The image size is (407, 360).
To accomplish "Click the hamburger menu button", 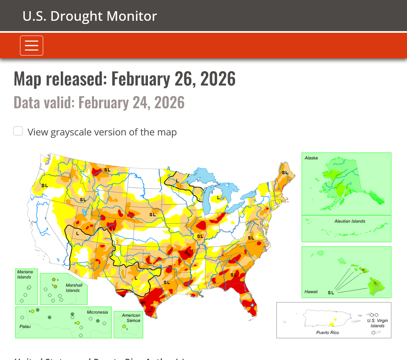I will (32, 46).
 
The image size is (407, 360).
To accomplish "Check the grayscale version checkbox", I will (18, 131).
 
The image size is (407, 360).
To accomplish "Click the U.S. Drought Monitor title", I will (90, 16).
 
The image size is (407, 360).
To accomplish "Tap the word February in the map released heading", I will (140, 79).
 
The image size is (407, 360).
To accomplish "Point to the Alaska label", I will (311, 158).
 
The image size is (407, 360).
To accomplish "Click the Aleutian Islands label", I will (350, 221).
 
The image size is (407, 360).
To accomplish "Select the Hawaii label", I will (311, 292).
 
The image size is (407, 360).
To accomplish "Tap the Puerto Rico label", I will (327, 332).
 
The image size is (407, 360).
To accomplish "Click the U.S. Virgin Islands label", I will (377, 323).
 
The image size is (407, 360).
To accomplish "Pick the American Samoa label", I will (131, 318).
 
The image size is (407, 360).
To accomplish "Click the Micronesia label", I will (98, 312).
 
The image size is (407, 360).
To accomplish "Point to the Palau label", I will (25, 326).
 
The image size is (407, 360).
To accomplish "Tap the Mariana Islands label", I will (25, 274).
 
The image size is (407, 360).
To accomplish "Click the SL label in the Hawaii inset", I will (331, 292).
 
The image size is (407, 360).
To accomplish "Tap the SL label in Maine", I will (285, 173).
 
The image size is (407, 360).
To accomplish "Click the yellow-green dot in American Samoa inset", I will (124, 327).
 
